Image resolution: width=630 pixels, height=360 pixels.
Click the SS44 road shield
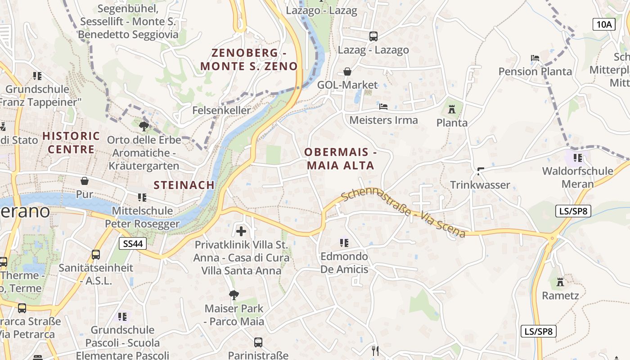click(x=133, y=244)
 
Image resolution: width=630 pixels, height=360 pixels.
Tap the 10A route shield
click(x=603, y=24)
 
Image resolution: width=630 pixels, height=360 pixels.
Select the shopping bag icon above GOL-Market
click(x=347, y=72)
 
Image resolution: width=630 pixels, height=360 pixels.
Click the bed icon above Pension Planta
click(x=535, y=58)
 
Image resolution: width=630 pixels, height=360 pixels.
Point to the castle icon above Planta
click(x=452, y=109)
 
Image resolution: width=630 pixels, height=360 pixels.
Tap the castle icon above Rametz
click(x=560, y=282)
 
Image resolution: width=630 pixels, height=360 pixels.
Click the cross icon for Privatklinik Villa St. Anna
click(x=241, y=231)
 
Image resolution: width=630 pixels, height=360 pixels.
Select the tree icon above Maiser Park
click(x=234, y=295)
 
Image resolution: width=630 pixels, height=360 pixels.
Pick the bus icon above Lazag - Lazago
click(x=373, y=36)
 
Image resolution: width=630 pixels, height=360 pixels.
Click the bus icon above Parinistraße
click(x=258, y=342)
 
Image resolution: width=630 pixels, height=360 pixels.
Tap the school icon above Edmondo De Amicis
click(x=344, y=243)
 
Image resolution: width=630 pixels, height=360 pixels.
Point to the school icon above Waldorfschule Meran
click(x=578, y=157)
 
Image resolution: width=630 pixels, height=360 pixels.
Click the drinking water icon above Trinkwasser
click(x=480, y=171)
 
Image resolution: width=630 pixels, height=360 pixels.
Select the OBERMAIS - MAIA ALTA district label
click(x=340, y=159)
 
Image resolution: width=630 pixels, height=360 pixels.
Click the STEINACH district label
click(x=184, y=185)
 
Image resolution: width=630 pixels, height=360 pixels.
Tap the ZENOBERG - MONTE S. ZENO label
click(x=249, y=60)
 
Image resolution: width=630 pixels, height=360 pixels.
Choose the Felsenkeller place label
click(x=221, y=110)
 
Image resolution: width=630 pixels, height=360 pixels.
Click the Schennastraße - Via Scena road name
click(x=403, y=213)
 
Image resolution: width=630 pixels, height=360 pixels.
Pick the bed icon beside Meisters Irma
click(x=383, y=107)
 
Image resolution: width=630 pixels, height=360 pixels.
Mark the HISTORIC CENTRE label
click(x=71, y=142)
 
